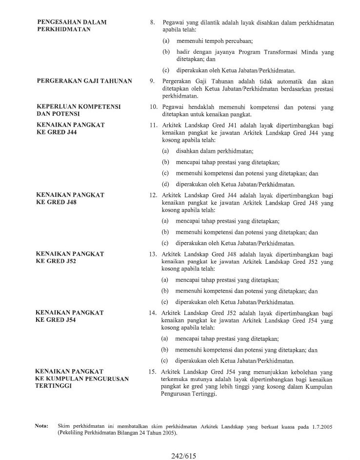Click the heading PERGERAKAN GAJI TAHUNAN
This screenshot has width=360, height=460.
pos(84,81)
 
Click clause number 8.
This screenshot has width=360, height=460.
pos(152,22)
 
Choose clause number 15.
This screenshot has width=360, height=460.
pos(152,372)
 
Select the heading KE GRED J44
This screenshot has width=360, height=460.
pos(57,132)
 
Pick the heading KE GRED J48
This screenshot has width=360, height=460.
pos(57,202)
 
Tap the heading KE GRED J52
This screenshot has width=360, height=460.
pos(57,261)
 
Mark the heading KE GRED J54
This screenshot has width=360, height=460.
pos(57,320)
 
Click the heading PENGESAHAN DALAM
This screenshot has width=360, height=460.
pos(72,22)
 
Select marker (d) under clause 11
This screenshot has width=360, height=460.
pos(166,184)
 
